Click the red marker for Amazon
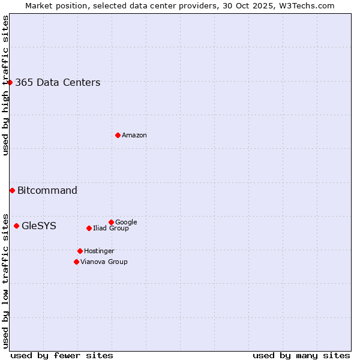(118, 135)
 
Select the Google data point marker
(111, 222)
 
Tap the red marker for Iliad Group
(89, 228)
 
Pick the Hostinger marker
(80, 251)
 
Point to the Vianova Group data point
(76, 262)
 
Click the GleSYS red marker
(16, 226)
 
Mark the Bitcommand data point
(12, 190)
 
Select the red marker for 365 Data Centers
(10, 82)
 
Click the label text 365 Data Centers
(58, 83)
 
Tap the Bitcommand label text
(47, 191)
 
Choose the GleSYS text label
(39, 226)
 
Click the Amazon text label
(134, 136)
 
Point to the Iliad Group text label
(111, 228)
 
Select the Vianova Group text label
(104, 262)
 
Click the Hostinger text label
(99, 251)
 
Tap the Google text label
(126, 222)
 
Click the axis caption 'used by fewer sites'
(62, 355)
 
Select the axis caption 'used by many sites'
(301, 355)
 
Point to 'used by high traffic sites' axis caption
(6, 85)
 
